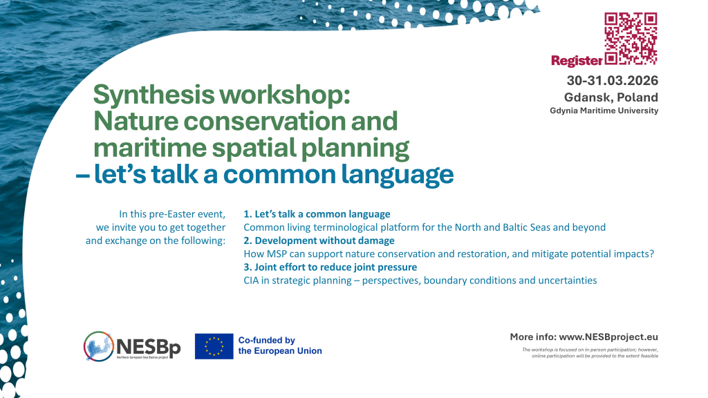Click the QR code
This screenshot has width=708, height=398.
point(631,38)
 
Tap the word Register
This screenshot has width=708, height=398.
point(577,61)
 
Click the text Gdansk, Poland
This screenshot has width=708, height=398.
point(611,97)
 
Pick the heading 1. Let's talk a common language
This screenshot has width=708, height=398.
point(317,214)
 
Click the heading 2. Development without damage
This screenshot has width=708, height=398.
point(319,240)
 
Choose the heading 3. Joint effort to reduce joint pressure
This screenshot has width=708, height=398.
point(330,267)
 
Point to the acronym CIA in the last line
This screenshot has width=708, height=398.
point(252,280)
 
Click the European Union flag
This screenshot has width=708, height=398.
point(214,346)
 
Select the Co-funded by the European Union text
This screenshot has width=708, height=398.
point(279,345)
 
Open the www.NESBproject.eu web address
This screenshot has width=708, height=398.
point(608,337)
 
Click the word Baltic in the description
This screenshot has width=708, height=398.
point(508,227)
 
